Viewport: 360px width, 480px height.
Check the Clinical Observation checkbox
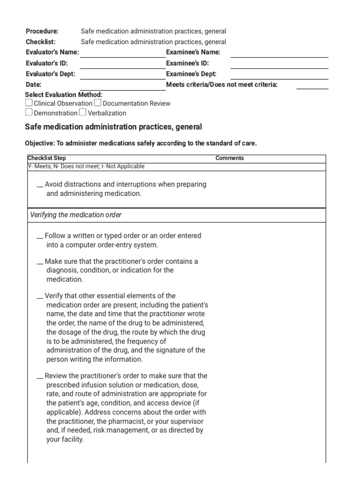[x=29, y=103]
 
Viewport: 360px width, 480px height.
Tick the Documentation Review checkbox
[x=97, y=103]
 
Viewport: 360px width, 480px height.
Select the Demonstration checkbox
[x=29, y=112]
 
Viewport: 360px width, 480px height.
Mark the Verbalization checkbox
[x=83, y=112]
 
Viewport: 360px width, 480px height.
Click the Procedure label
[x=42, y=31]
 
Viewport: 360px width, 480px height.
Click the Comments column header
[x=230, y=158]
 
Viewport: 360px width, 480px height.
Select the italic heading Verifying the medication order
[x=76, y=215]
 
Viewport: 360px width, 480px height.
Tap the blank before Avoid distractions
[x=40, y=186]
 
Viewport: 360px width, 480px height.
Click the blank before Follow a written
[x=40, y=237]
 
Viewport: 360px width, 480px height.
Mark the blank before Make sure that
[x=40, y=262]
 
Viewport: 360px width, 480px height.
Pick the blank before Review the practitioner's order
[x=40, y=377]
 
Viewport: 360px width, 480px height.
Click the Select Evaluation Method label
[x=63, y=95]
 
